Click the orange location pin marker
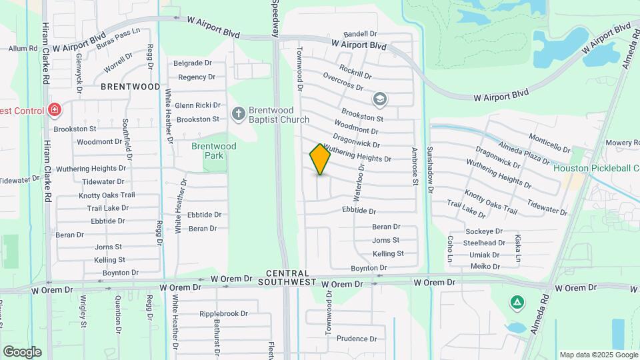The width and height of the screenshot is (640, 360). pyautogui.click(x=320, y=159)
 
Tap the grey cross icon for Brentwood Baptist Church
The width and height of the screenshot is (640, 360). pyautogui.click(x=239, y=114)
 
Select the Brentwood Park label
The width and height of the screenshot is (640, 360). pyautogui.click(x=213, y=151)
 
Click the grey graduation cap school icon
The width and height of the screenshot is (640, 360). pyautogui.click(x=380, y=99)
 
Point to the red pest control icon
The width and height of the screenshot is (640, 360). pyautogui.click(x=55, y=110)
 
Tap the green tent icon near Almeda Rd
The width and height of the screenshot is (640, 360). pyautogui.click(x=516, y=303)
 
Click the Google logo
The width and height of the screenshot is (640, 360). pyautogui.click(x=22, y=351)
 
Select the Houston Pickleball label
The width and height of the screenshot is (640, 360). pyautogui.click(x=596, y=168)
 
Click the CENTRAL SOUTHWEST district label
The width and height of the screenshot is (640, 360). pyautogui.click(x=288, y=278)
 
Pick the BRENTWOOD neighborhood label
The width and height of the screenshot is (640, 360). pyautogui.click(x=131, y=87)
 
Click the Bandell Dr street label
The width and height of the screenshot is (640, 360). pyautogui.click(x=361, y=34)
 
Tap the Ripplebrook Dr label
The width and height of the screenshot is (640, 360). pyautogui.click(x=223, y=313)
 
